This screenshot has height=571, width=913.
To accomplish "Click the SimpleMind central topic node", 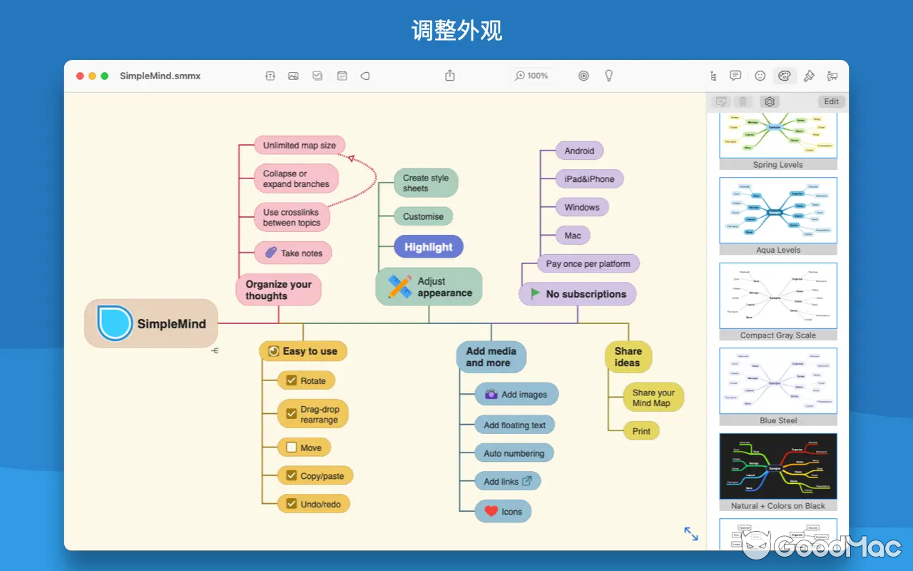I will (x=151, y=323).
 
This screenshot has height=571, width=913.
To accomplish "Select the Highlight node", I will (x=429, y=247).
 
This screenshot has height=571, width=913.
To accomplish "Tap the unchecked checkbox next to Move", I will (x=291, y=448).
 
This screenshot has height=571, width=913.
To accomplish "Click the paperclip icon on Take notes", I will (x=270, y=253).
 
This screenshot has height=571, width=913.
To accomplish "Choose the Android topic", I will (x=579, y=151).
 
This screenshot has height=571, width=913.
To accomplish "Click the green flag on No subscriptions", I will (x=535, y=293).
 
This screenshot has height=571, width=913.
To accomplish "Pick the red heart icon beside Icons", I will (x=491, y=511).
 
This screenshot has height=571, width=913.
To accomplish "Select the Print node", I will (x=641, y=431).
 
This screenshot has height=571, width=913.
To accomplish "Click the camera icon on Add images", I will (x=491, y=394).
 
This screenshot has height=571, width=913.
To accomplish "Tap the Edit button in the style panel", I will (x=831, y=101).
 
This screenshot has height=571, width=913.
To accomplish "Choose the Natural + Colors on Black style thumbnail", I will (x=777, y=465).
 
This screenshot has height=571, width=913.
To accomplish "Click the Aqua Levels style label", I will (x=777, y=250).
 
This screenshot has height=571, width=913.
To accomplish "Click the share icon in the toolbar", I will (x=450, y=76).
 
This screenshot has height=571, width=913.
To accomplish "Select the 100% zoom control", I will (x=532, y=76).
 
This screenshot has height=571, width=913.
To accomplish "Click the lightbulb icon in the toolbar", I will (x=608, y=76).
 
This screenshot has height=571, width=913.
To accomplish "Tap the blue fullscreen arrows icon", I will (x=691, y=534).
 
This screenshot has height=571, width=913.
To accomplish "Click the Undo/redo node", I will (x=314, y=504).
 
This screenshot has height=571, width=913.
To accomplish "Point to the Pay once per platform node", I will (x=588, y=263).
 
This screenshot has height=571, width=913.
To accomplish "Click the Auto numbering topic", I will (x=514, y=453).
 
